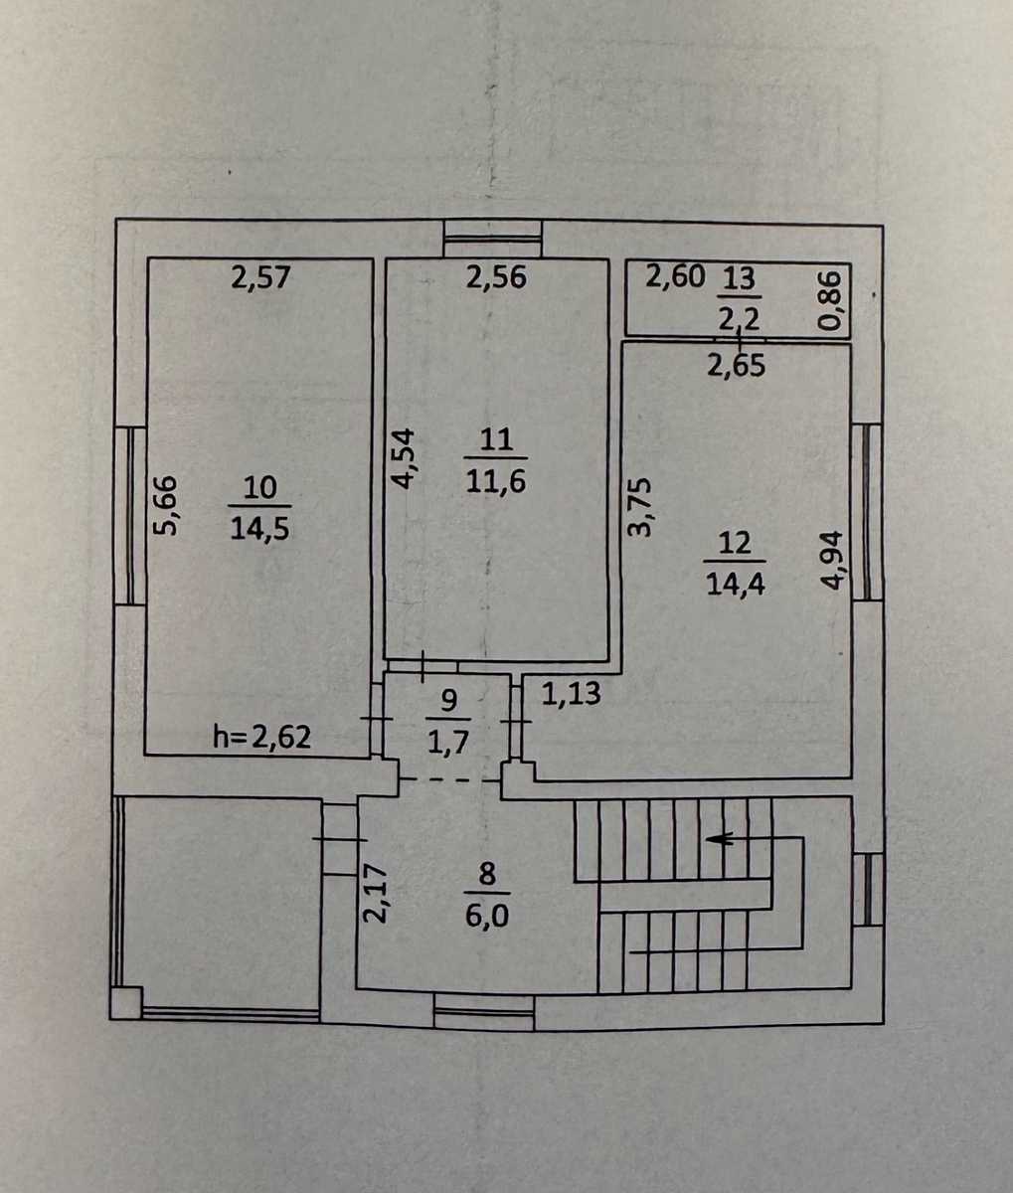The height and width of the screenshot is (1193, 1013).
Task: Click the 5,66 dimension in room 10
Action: (167, 506)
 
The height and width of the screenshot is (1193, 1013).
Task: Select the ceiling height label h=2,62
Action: (262, 737)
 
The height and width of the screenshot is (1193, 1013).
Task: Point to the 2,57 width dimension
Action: (260, 278)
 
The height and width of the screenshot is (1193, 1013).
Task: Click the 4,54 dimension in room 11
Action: (403, 458)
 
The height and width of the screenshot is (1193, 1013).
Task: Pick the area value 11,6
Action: (496, 481)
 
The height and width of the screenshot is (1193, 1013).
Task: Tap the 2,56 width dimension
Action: (496, 277)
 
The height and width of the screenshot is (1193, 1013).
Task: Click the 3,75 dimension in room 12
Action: (639, 507)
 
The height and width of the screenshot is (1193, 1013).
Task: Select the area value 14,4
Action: (736, 585)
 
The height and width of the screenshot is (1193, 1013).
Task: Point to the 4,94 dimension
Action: (832, 560)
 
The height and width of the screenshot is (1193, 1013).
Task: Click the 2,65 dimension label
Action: (737, 365)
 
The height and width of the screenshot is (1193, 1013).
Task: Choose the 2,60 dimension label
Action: (675, 276)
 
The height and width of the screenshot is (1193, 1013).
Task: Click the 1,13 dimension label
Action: (571, 693)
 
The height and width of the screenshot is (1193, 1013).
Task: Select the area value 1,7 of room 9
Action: (448, 742)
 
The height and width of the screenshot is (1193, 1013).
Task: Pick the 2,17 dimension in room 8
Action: (375, 894)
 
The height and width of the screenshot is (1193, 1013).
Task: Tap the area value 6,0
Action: (486, 916)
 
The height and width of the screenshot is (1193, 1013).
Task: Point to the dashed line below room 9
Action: (449, 779)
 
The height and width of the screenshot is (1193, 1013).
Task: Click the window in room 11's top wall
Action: (492, 240)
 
